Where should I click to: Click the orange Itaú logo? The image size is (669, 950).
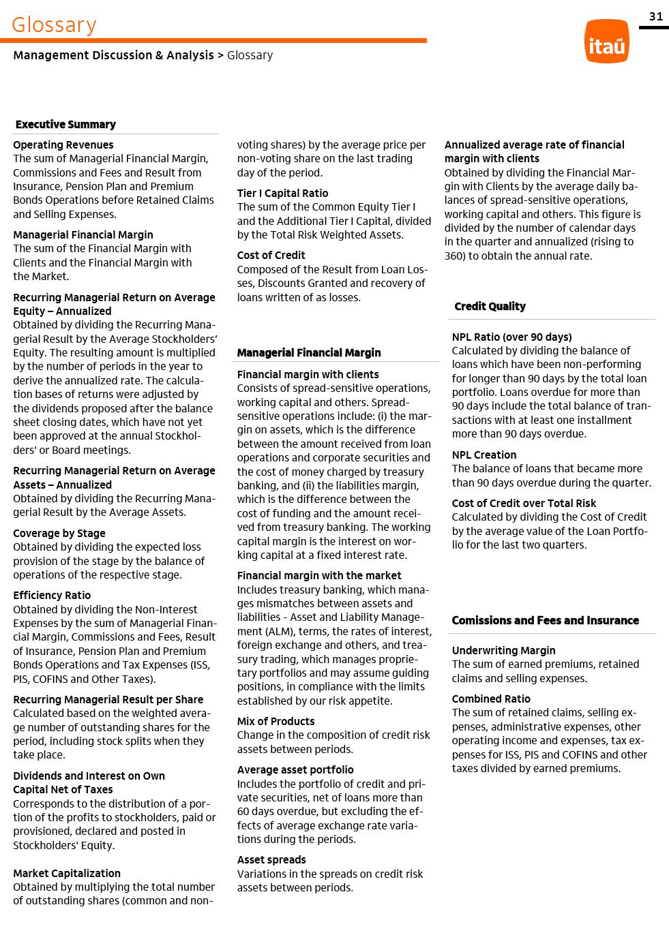pyautogui.click(x=606, y=41)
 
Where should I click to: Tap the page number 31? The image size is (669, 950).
pyautogui.click(x=655, y=16)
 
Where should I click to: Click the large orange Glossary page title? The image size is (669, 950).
pyautogui.click(x=54, y=25)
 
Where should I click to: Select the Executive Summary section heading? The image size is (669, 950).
pyautogui.click(x=65, y=124)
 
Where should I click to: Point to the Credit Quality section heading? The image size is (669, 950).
pyautogui.click(x=490, y=306)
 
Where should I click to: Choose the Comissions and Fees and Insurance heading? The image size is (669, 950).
pyautogui.click(x=545, y=620)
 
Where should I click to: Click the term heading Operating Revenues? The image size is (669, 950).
pyautogui.click(x=63, y=144)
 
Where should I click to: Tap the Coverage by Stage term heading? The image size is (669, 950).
pyautogui.click(x=59, y=533)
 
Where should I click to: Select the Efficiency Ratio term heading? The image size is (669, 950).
pyautogui.click(x=52, y=595)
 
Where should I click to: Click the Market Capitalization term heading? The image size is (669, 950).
pyautogui.click(x=67, y=873)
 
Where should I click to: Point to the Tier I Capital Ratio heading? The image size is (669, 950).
pyautogui.click(x=282, y=193)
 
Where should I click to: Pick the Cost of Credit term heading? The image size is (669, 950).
pyautogui.click(x=271, y=255)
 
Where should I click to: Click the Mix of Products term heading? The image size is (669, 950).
pyautogui.click(x=276, y=721)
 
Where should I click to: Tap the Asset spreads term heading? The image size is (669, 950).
pyautogui.click(x=271, y=859)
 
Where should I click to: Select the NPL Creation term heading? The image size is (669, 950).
pyautogui.click(x=484, y=455)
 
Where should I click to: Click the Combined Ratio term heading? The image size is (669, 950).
pyautogui.click(x=491, y=699)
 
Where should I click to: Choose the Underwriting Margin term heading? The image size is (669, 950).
pyautogui.click(x=503, y=650)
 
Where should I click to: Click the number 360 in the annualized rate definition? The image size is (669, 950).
pyautogui.click(x=454, y=256)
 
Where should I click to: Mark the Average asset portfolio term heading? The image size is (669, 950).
pyautogui.click(x=295, y=769)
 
